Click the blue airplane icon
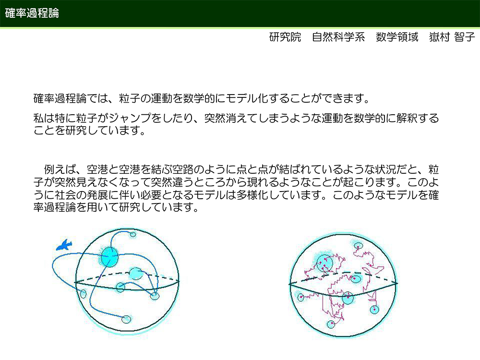(64, 245)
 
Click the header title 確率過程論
(32, 13)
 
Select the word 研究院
(285, 37)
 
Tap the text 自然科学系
(338, 37)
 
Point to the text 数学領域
(397, 37)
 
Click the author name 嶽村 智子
(452, 37)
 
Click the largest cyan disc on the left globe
(109, 256)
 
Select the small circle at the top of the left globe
(133, 235)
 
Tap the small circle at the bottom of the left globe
(126, 319)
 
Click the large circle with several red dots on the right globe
(324, 263)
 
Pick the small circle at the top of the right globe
(358, 245)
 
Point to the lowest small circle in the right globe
(331, 324)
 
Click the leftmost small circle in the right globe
(301, 297)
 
